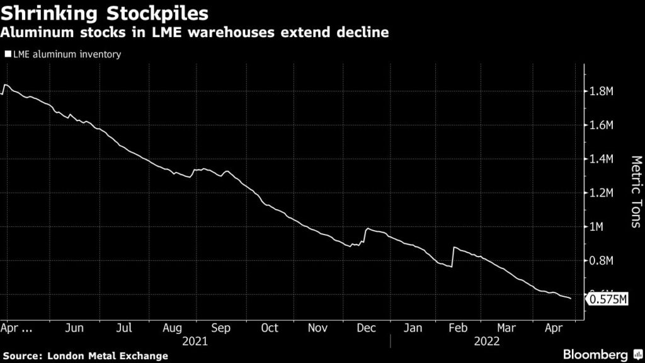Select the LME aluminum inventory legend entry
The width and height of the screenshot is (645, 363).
(63, 54)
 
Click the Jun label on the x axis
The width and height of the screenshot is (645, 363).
(74, 328)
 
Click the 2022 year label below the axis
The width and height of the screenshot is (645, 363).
(488, 341)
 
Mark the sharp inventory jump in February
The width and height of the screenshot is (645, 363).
(453, 256)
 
